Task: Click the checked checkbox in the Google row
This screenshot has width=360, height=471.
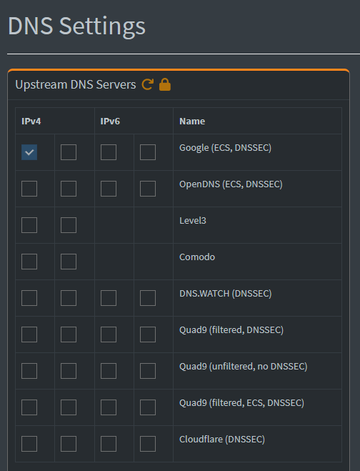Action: click(x=29, y=152)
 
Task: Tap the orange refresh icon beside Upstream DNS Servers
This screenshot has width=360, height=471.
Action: click(x=147, y=84)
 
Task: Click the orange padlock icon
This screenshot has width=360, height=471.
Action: click(x=165, y=84)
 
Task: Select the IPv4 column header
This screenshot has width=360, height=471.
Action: click(x=31, y=122)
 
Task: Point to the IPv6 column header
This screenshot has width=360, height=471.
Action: click(x=110, y=122)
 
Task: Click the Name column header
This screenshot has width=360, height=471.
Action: click(x=192, y=122)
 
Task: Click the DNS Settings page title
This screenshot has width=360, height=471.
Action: click(x=76, y=26)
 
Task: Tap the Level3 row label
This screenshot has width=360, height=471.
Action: click(x=193, y=221)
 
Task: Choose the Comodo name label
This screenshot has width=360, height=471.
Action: click(x=197, y=257)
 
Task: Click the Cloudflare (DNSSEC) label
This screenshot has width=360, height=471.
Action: click(x=222, y=440)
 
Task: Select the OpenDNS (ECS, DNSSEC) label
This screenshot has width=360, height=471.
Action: click(x=231, y=184)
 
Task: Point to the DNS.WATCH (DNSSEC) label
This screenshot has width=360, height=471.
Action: click(x=226, y=294)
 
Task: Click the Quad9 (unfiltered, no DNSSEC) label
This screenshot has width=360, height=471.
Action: click(x=243, y=367)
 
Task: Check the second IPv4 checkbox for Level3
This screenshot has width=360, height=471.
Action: click(x=69, y=225)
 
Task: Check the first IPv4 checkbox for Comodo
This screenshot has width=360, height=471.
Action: click(x=29, y=262)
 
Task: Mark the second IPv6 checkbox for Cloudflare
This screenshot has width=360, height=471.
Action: click(x=148, y=444)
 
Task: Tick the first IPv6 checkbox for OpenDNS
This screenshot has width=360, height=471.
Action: click(x=109, y=189)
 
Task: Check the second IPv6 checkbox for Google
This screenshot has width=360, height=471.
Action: click(x=148, y=152)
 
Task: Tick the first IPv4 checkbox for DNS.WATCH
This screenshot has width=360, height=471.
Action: click(x=29, y=298)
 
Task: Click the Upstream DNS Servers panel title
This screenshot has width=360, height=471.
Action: click(x=76, y=85)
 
